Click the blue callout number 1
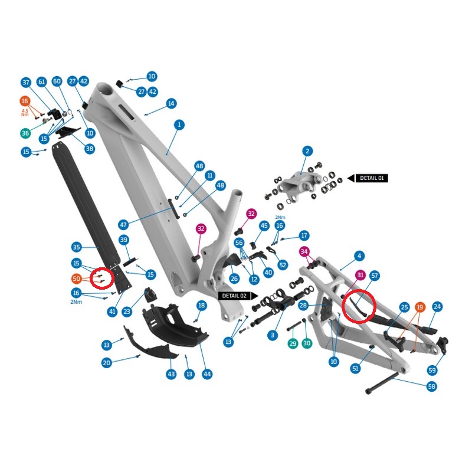[179, 124]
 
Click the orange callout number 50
[77, 278]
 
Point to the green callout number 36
[25, 133]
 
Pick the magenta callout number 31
[360, 275]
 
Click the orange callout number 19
[420, 307]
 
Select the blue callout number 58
[432, 386]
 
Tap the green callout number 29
[293, 343]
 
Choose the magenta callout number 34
[304, 251]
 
